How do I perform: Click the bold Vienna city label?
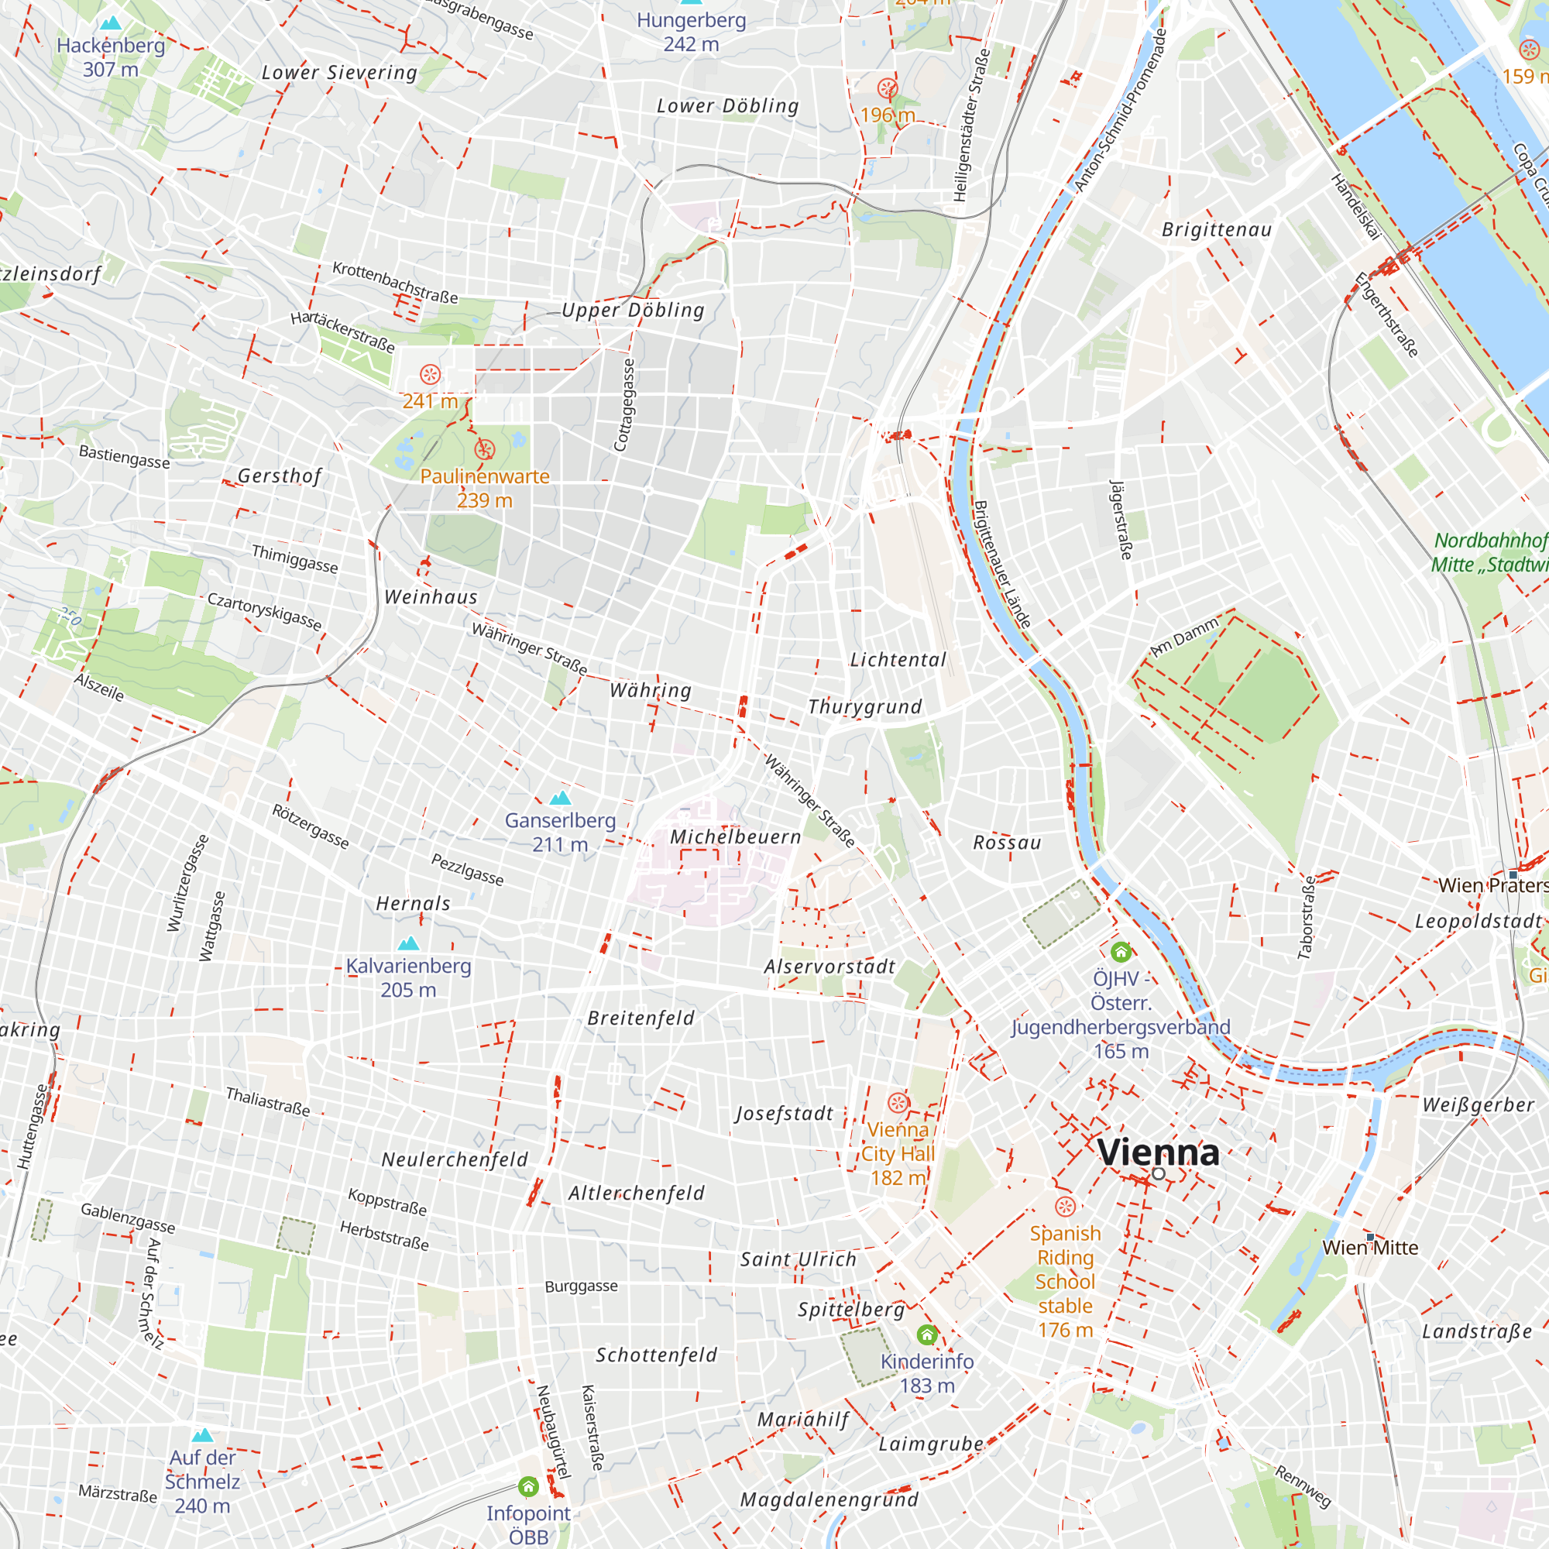click(1158, 1152)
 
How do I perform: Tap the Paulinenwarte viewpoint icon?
click(484, 450)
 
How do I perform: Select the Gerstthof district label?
click(280, 476)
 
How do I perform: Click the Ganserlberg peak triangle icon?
click(561, 798)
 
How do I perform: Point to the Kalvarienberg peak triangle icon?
click(409, 943)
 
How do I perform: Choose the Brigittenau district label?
click(1216, 230)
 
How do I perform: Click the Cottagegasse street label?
click(624, 405)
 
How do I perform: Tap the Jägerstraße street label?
click(1121, 520)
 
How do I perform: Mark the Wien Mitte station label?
click(1370, 1248)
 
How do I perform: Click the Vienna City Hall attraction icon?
click(898, 1102)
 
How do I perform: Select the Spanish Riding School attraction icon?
click(1065, 1207)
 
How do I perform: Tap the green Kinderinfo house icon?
click(927, 1335)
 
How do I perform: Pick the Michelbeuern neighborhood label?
click(735, 837)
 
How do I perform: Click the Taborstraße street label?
click(1307, 917)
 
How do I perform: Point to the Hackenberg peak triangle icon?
click(111, 22)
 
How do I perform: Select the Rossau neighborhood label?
click(1007, 843)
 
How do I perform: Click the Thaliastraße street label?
click(268, 1101)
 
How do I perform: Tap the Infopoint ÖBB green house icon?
click(528, 1487)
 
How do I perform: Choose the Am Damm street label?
click(1184, 637)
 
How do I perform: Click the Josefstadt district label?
click(785, 1114)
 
